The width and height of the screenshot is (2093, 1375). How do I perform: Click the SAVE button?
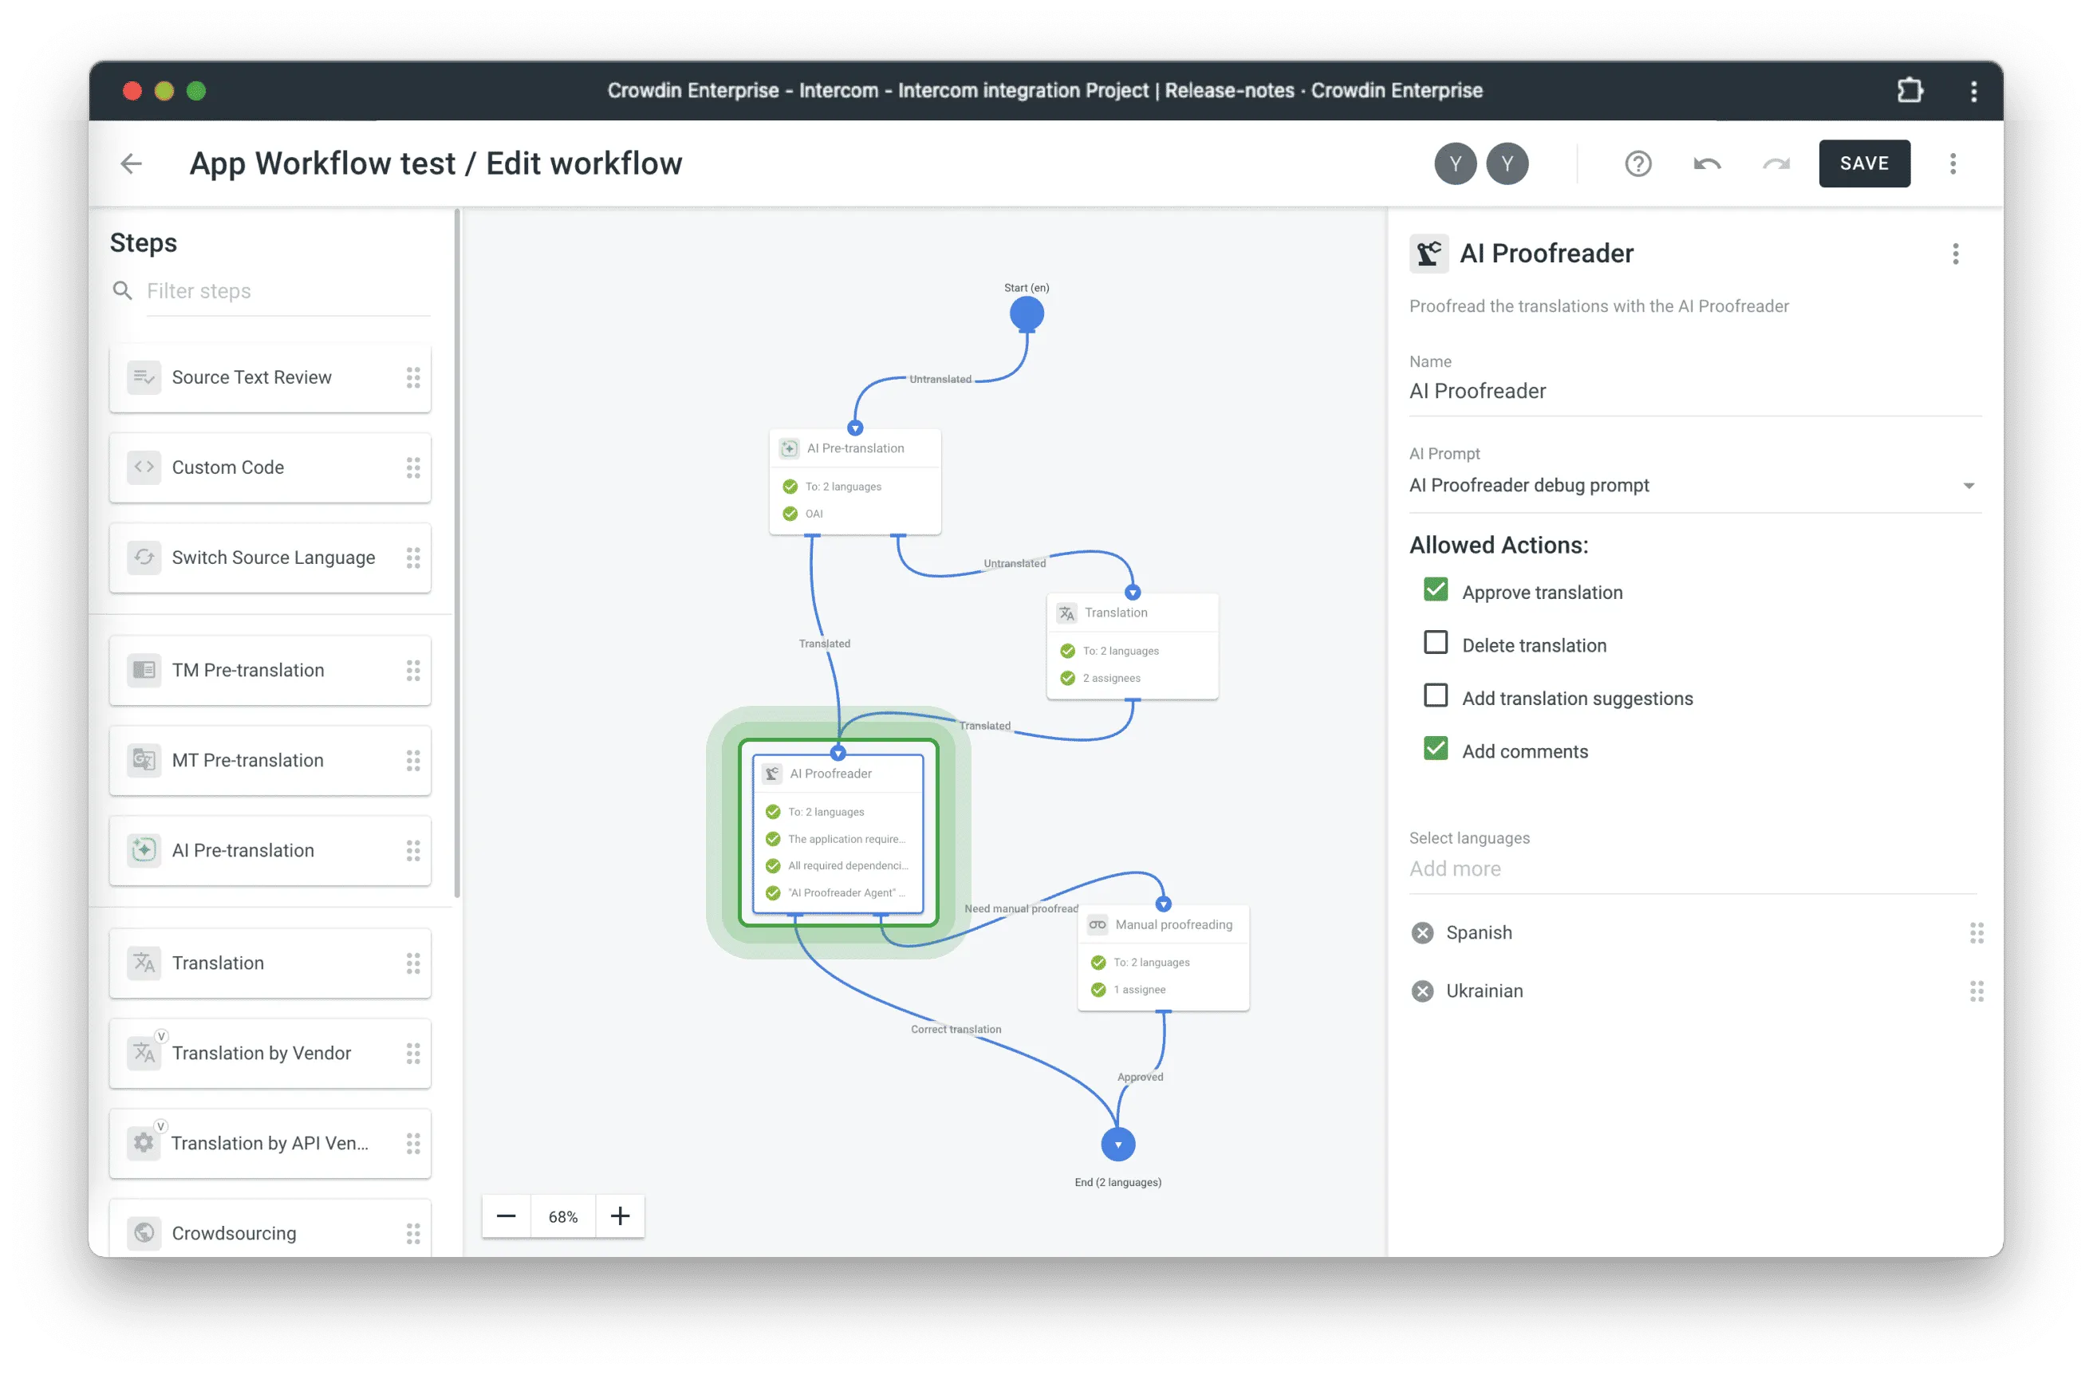pos(1863,164)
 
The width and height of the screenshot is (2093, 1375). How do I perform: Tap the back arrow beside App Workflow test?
pos(131,164)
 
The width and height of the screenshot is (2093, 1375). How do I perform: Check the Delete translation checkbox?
pos(1435,643)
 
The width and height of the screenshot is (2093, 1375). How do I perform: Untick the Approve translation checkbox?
pos(1435,590)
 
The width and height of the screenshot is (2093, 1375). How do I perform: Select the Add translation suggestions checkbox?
pos(1435,695)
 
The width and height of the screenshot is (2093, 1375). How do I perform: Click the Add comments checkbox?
pos(1435,749)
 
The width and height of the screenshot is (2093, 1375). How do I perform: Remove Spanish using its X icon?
pos(1422,933)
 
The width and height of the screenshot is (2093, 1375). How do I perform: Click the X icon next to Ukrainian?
pos(1422,991)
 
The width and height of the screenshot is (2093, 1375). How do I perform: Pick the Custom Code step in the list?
pos(269,467)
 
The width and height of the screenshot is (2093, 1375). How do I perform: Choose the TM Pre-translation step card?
pos(269,670)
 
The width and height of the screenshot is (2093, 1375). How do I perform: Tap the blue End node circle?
pos(1117,1144)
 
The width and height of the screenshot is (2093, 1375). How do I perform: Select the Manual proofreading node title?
pos(1173,925)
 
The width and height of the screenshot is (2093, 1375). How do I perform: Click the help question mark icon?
pos(1638,164)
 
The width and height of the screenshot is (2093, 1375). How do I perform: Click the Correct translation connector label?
pos(956,1030)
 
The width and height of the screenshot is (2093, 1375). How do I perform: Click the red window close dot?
pos(132,91)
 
